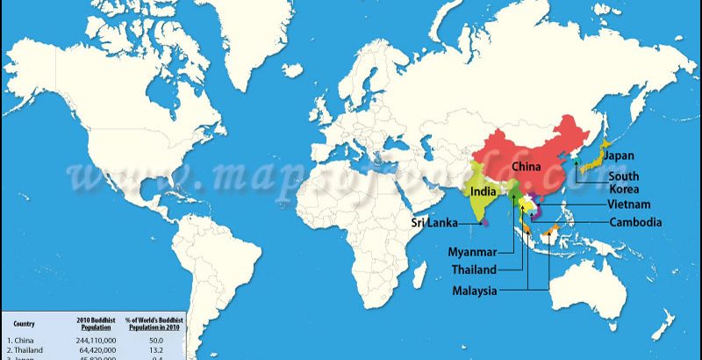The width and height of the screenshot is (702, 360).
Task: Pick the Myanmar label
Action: click(474, 253)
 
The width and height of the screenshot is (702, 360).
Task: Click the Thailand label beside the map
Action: click(475, 270)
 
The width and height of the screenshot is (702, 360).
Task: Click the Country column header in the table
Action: click(24, 323)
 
